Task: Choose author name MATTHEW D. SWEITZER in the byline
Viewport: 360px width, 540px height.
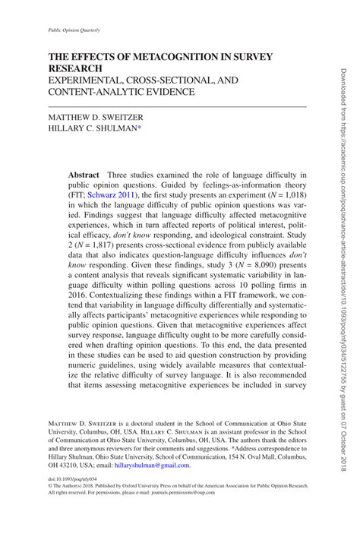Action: pos(98,118)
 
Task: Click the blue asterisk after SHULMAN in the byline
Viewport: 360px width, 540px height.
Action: pos(161,129)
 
